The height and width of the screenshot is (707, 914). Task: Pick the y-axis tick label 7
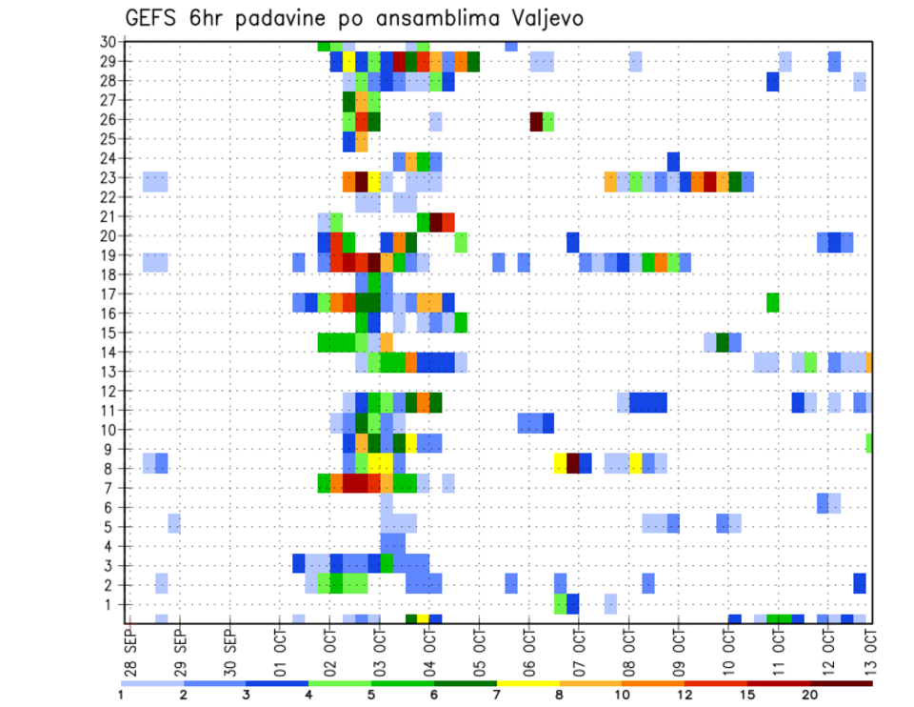110,488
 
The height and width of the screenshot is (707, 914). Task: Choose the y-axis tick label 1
110,604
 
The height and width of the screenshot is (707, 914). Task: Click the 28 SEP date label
130,648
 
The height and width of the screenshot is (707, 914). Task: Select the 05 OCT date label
479,648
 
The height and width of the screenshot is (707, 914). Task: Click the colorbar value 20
810,696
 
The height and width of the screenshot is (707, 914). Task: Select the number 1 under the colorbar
121,696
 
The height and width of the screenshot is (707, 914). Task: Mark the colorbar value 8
560,696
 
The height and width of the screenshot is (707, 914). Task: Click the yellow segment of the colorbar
528,683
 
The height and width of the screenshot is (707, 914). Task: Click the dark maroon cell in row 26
536,121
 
